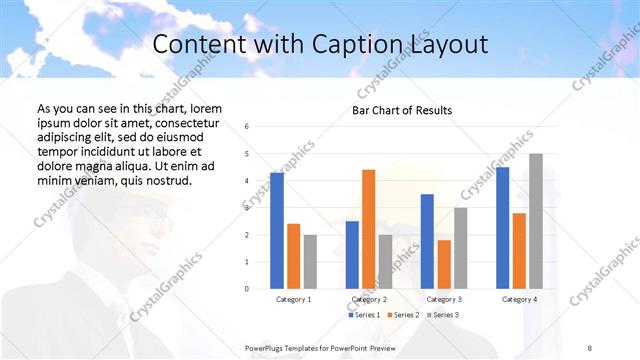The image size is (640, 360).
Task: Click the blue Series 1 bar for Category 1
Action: (276, 231)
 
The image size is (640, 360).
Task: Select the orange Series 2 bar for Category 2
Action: (368, 229)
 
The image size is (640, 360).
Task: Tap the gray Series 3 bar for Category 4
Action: (536, 221)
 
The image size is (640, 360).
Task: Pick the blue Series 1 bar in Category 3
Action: (427, 241)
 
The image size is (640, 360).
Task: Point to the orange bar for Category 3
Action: (444, 264)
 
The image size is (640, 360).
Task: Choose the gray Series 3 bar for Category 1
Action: (310, 262)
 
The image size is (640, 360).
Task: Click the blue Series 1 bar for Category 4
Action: (502, 228)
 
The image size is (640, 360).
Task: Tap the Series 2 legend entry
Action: (405, 315)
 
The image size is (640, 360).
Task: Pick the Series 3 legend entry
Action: (443, 315)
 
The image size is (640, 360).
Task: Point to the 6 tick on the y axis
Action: (247, 126)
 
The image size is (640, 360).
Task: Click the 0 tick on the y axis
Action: (247, 289)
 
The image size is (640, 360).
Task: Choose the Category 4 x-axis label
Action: (519, 299)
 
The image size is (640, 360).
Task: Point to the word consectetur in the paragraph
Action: (176, 122)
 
